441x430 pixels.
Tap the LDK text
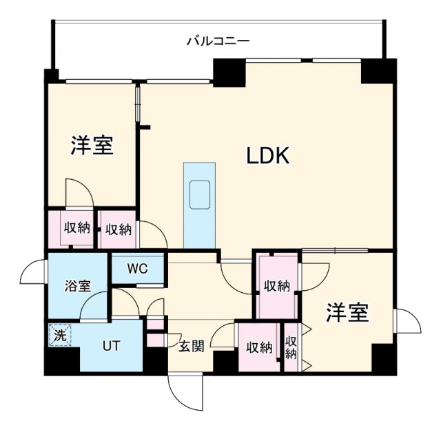click(268, 156)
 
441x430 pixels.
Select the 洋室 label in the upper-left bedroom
click(92, 145)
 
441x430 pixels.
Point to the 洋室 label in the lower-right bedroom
click(347, 313)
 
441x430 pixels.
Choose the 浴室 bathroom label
click(78, 286)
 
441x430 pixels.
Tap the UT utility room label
click(112, 345)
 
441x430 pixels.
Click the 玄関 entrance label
click(192, 347)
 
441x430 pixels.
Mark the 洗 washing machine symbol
click(60, 336)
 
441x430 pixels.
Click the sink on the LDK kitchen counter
click(199, 194)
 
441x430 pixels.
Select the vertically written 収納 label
click(291, 347)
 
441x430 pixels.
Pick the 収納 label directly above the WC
click(119, 228)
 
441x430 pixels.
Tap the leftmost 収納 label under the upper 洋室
click(76, 228)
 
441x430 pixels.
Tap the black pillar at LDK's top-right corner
click(378, 71)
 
